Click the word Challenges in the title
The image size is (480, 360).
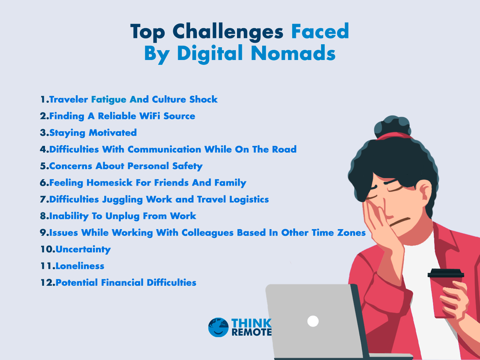click(228, 32)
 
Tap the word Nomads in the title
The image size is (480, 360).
click(293, 53)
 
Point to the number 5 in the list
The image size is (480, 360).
click(43, 166)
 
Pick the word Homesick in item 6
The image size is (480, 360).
click(109, 183)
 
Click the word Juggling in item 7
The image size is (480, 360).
click(123, 199)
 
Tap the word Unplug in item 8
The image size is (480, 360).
click(123, 216)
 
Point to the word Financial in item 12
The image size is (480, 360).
click(122, 283)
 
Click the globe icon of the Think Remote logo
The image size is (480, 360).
click(218, 327)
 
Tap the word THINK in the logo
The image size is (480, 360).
click(252, 323)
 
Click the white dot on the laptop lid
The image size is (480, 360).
click(313, 321)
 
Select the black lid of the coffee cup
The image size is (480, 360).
click(446, 273)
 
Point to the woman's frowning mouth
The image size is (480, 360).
click(400, 222)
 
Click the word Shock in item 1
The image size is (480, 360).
click(203, 99)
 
